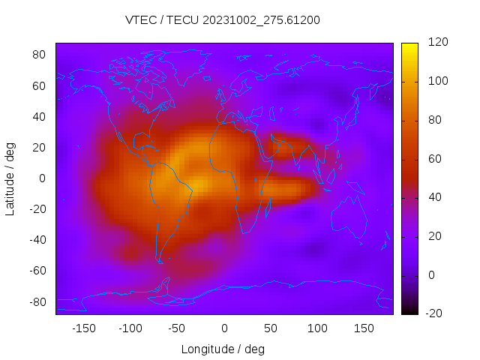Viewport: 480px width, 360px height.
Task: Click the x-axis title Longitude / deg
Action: pos(223,349)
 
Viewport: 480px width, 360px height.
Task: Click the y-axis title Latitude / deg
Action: pos(10,178)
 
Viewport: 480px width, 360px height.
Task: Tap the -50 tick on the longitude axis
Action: pos(176,328)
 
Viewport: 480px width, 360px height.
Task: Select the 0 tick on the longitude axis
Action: pos(223,328)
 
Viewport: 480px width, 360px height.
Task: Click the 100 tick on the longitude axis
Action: pos(317,328)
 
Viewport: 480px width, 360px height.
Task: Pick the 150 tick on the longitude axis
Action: pos(364,328)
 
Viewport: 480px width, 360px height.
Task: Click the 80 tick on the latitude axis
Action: pos(39,55)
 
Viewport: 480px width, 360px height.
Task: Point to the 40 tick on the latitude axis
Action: pos(39,116)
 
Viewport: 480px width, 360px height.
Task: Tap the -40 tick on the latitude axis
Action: pos(37,240)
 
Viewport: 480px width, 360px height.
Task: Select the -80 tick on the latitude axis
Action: pos(37,301)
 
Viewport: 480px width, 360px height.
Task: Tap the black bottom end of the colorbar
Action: pos(409,310)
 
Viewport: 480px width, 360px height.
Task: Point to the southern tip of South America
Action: pos(160,262)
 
